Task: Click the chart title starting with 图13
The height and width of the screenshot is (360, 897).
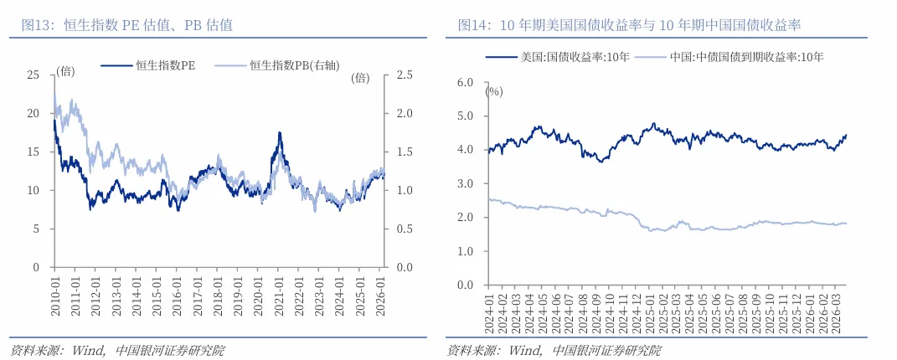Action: [126, 25]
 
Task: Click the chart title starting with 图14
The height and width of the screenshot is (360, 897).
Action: [629, 25]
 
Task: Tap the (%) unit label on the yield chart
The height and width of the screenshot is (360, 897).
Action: [494, 91]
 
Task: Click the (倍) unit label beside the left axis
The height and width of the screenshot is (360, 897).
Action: [65, 71]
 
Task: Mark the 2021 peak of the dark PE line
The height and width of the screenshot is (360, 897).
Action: [280, 132]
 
